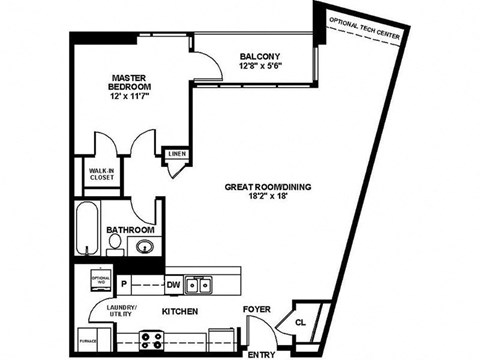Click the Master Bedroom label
[130, 82]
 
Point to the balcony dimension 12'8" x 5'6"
[259, 67]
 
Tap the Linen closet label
[176, 154]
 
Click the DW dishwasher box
[172, 285]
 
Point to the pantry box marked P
[125, 285]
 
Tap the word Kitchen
[180, 313]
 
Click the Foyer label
[257, 311]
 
